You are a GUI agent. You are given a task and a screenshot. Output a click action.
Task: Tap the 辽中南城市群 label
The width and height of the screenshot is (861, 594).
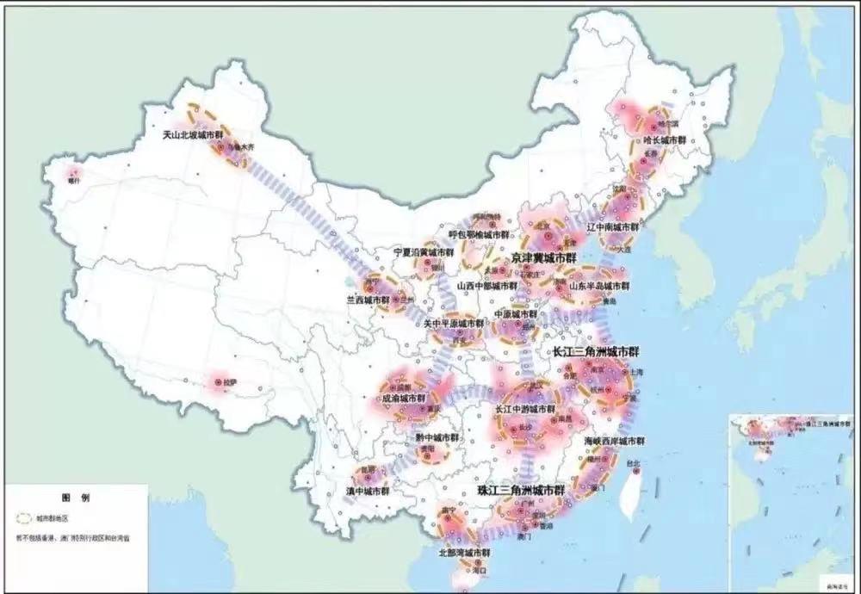(x=612, y=227)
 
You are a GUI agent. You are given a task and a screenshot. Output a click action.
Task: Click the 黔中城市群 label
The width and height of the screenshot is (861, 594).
(x=437, y=437)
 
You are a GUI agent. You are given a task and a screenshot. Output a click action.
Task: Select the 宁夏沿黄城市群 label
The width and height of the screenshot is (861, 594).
(x=423, y=252)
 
